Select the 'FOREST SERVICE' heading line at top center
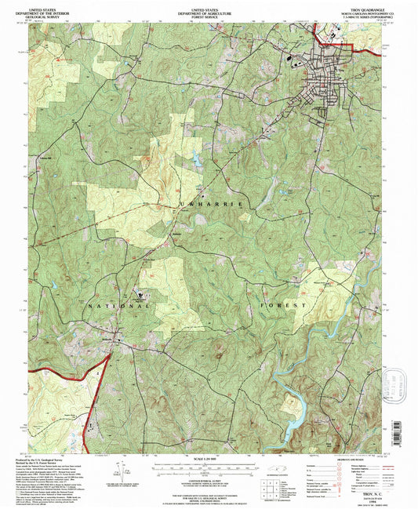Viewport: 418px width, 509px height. [209, 15]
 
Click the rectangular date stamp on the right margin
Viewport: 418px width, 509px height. [391, 384]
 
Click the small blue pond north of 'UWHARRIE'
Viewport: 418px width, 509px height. [192, 161]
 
